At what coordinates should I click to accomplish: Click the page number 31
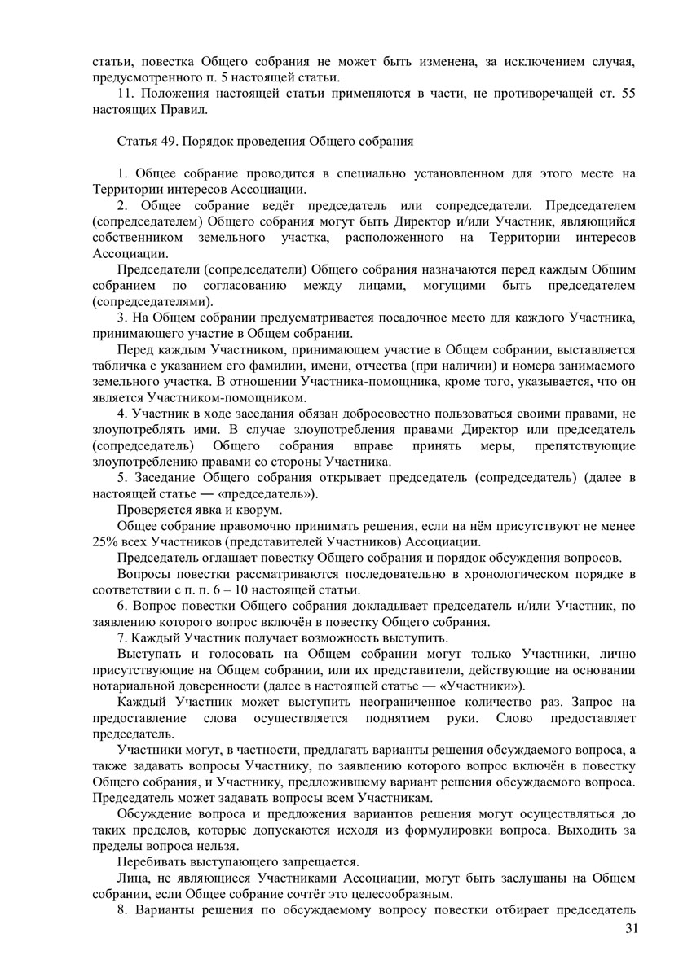click(628, 929)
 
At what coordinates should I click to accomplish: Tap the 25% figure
click(105, 541)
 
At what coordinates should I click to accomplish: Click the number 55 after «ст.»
click(627, 94)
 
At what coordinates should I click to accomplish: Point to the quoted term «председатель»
click(260, 493)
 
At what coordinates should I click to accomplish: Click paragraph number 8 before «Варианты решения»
click(121, 909)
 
